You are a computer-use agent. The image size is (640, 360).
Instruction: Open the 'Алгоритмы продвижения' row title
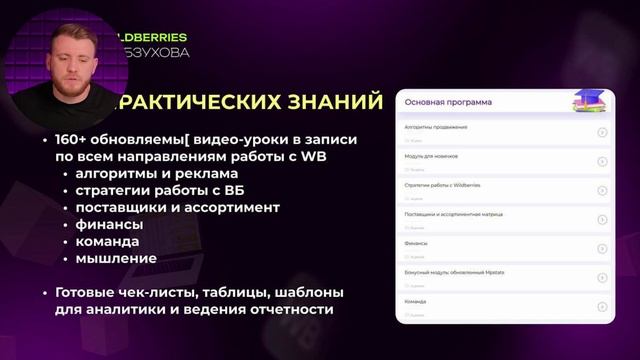(436, 128)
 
